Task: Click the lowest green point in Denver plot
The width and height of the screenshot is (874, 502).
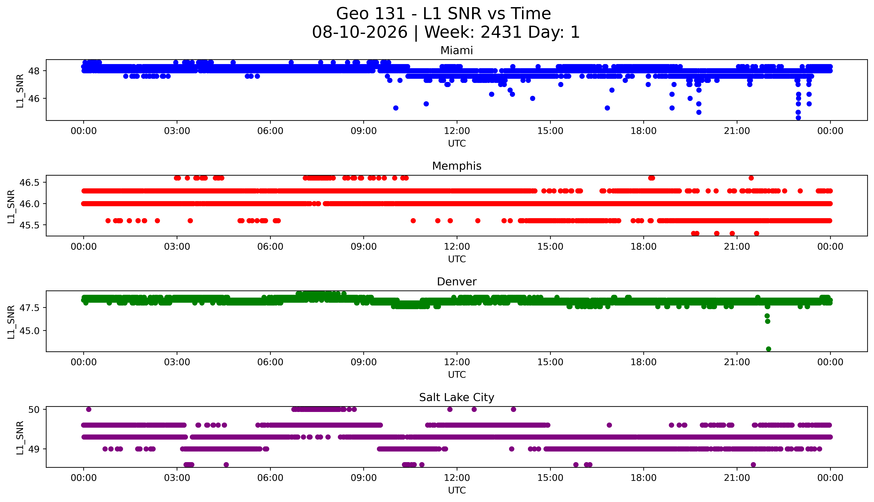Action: coord(769,349)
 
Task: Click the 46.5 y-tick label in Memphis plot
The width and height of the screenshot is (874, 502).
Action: coord(30,183)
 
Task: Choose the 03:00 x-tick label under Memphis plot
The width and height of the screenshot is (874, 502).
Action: coord(177,246)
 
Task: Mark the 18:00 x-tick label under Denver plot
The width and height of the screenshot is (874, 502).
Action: coord(644,362)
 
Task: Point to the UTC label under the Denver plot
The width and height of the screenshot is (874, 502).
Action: coord(457,375)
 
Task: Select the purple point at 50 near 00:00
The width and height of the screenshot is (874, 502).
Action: coord(89,409)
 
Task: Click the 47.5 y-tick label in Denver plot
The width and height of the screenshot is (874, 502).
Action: coord(30,308)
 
